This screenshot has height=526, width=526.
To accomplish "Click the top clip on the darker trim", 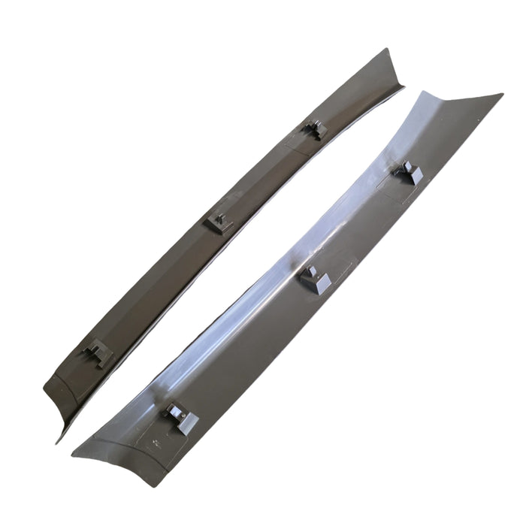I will tap(315, 129).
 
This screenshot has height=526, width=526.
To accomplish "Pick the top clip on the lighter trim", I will tap(408, 173).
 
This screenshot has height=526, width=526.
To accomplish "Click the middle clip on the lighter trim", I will tap(315, 280).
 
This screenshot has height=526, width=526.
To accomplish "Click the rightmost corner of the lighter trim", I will tap(501, 95).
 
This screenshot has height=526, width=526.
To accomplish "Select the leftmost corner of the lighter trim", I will tap(73, 455).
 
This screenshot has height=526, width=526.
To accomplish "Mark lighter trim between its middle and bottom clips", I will tap(248, 349).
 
